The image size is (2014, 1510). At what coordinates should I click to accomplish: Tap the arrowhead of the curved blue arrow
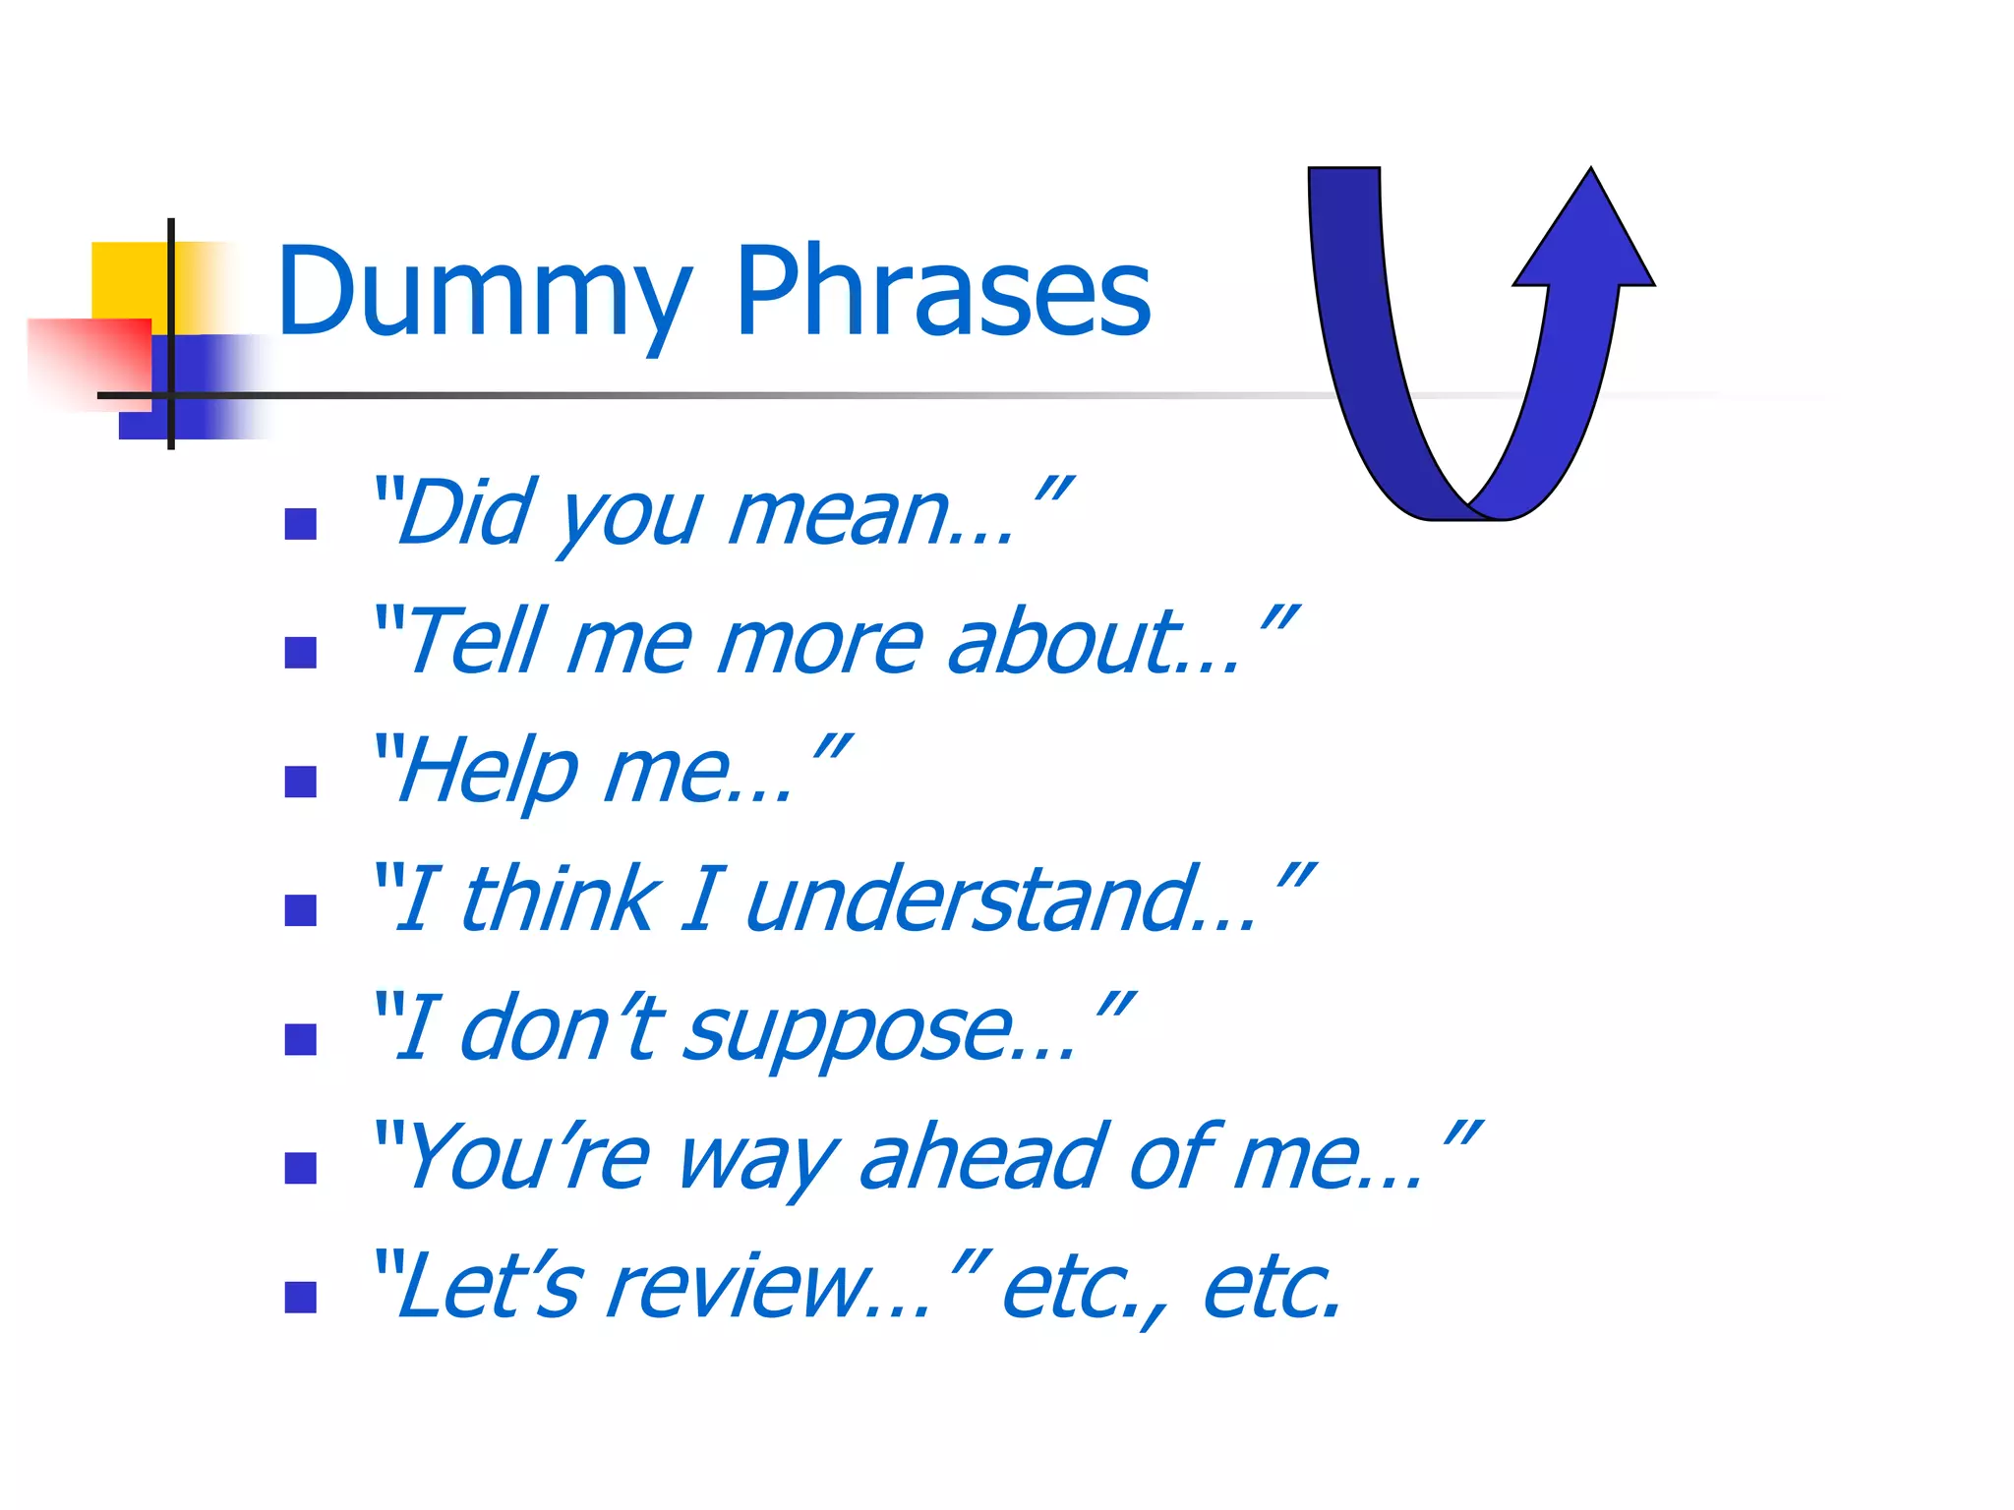pos(1585,236)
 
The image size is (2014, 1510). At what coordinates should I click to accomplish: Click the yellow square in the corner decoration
pos(128,280)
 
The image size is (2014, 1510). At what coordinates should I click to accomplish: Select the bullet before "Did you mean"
pos(300,524)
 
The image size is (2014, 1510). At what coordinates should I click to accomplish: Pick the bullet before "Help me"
pos(300,783)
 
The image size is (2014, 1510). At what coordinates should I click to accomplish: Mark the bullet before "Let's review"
pos(300,1298)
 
